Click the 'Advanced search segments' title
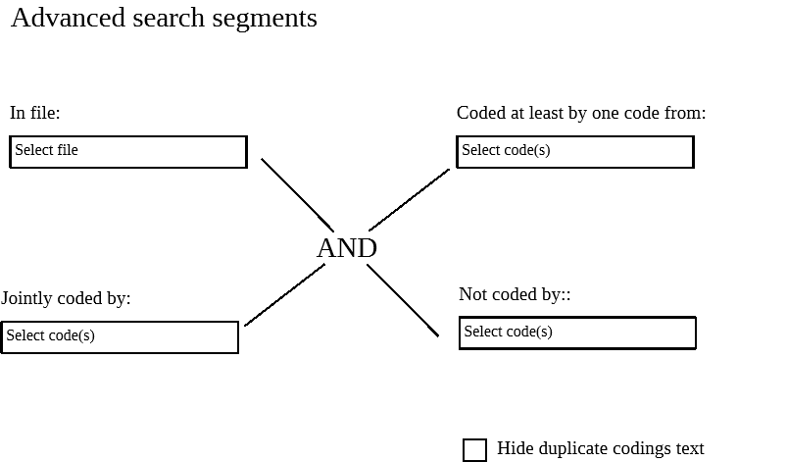tap(164, 19)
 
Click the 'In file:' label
tap(35, 113)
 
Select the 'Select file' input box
tap(128, 152)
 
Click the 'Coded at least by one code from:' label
tap(581, 113)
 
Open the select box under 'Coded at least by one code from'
tap(575, 152)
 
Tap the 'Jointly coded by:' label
tap(66, 298)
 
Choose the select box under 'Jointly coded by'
tap(120, 336)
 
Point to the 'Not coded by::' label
tap(515, 294)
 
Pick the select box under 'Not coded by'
tap(577, 333)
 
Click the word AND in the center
tap(347, 248)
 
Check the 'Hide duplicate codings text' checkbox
tap(474, 449)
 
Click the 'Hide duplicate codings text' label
tap(600, 448)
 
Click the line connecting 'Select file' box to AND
tap(297, 194)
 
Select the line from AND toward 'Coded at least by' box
tap(409, 200)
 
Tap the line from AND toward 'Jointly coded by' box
tap(284, 295)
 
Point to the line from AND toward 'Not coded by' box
tap(403, 300)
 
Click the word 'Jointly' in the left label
tap(26, 298)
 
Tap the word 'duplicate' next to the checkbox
tap(581, 448)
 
